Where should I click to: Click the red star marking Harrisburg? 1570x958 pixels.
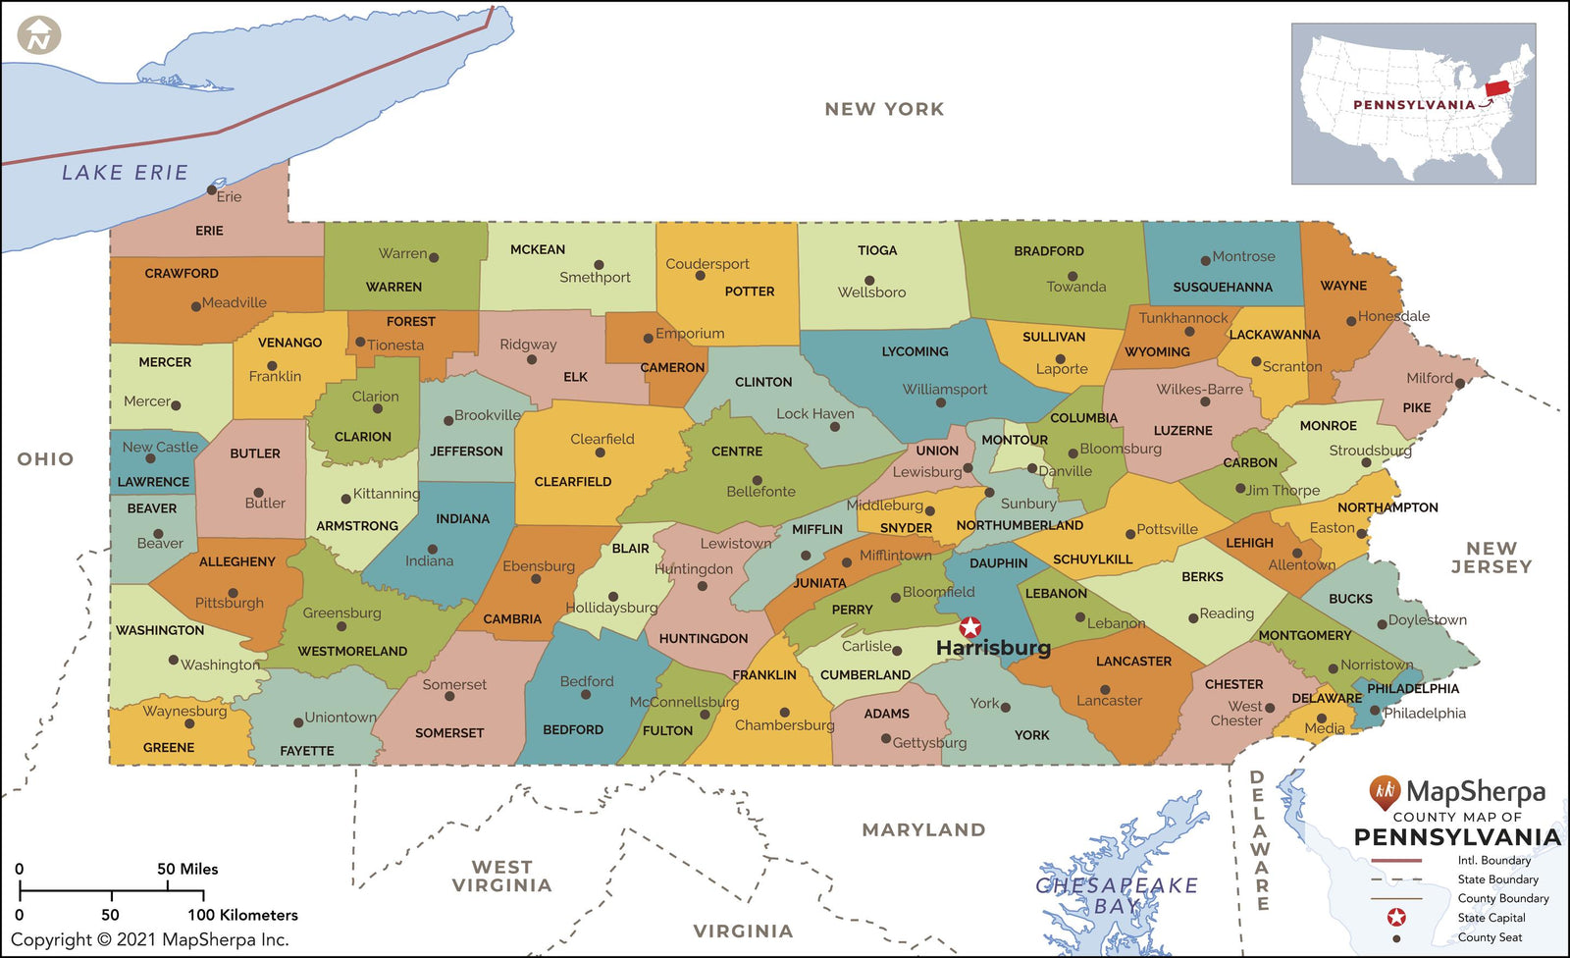969,627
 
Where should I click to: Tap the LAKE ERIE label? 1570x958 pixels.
125,173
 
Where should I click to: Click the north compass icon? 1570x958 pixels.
39,36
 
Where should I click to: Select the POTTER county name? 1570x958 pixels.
750,292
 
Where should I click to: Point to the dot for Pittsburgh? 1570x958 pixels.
233,593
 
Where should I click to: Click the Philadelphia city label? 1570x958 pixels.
1425,714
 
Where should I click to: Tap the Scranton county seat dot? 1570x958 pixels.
1256,361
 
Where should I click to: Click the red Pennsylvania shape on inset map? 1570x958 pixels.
1497,88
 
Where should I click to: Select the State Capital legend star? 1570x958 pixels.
1396,918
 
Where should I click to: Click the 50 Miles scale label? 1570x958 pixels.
187,869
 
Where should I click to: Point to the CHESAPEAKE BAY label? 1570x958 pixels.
1117,895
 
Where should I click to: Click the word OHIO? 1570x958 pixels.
45,458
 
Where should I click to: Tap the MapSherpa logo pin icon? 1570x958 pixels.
1385,791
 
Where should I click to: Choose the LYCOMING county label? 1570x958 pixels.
915,351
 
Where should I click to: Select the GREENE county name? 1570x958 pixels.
169,747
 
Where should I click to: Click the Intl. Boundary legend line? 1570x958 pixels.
1395,860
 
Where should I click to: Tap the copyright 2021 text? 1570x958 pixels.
150,939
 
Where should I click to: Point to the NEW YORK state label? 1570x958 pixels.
884,109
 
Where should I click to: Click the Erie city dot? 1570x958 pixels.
212,189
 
